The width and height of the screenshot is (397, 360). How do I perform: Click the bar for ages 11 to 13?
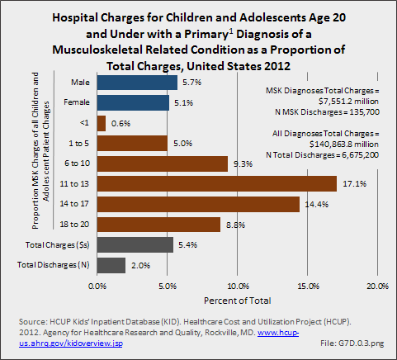point(217,183)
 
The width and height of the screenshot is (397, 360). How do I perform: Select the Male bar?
point(137,83)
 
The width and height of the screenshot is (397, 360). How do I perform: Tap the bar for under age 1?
point(102,123)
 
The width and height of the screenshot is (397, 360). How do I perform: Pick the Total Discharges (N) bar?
point(111,265)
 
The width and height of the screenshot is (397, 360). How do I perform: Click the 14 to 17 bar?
point(198,204)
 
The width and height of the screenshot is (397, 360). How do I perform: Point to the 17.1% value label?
point(354,183)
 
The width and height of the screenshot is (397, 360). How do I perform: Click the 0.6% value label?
point(121,123)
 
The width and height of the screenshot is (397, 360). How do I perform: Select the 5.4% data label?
point(188,244)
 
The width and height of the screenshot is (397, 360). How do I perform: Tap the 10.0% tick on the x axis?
point(239,286)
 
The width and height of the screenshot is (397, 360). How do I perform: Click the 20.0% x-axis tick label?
point(377,286)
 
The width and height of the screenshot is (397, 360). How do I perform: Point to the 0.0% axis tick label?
point(97,286)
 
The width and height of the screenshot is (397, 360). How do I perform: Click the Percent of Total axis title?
point(238,301)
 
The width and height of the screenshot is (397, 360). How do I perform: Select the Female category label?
point(77,102)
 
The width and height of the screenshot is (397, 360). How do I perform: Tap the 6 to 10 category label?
point(77,163)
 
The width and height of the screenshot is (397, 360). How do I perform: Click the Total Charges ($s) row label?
point(57,245)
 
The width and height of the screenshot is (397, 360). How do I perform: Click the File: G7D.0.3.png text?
point(352,343)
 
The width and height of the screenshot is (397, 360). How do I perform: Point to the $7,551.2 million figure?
point(348,102)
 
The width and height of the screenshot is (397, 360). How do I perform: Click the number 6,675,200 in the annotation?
point(360,155)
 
